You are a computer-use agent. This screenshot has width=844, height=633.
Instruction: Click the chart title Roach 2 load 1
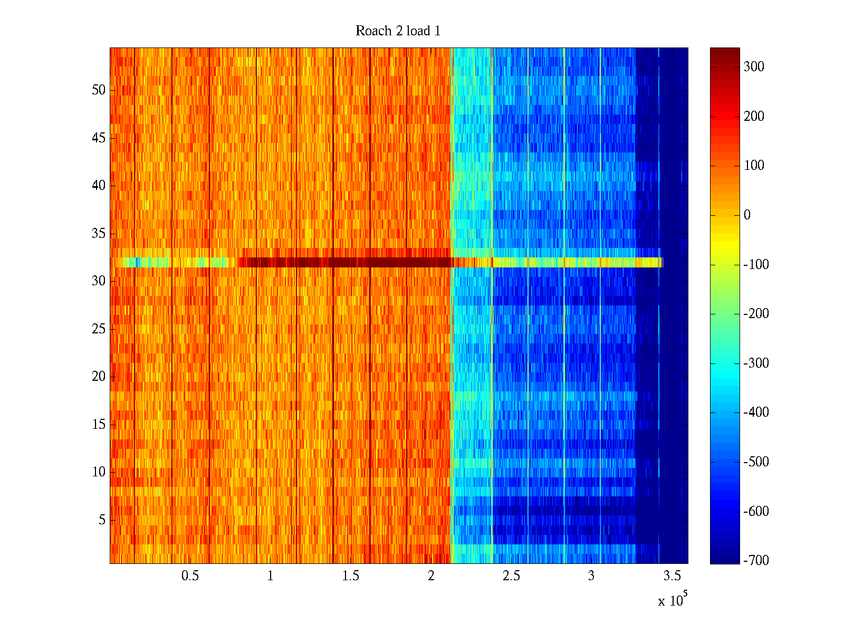pyautogui.click(x=398, y=31)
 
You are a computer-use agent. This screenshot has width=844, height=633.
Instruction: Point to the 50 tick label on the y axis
pyautogui.click(x=99, y=90)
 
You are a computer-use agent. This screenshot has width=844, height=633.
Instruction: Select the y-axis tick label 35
pyautogui.click(x=99, y=234)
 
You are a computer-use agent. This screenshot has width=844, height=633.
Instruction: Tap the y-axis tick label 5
pyautogui.click(x=102, y=520)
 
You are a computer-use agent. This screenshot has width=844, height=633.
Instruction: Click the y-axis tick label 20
pyautogui.click(x=99, y=377)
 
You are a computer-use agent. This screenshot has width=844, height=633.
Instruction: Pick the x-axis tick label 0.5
pyautogui.click(x=190, y=576)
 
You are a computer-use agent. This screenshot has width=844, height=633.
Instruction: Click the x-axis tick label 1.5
pyautogui.click(x=350, y=576)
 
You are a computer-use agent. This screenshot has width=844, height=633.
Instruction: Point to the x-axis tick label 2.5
pyautogui.click(x=511, y=576)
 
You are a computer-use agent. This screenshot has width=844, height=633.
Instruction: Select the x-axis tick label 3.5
pyautogui.click(x=672, y=576)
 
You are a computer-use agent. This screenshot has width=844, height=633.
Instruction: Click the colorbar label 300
pyautogui.click(x=754, y=67)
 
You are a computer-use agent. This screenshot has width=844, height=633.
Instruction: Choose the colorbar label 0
pyautogui.click(x=746, y=215)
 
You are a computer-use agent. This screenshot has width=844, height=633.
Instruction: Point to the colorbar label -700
pyautogui.click(x=756, y=561)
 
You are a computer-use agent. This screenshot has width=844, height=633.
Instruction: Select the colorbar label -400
pyautogui.click(x=756, y=413)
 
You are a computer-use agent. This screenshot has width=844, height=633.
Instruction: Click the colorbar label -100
pyautogui.click(x=756, y=265)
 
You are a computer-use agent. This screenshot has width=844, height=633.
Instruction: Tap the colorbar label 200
pyautogui.click(x=754, y=117)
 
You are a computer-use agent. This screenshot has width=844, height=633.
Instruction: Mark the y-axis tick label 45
pyautogui.click(x=99, y=138)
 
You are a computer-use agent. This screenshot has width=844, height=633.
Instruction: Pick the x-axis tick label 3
pyautogui.click(x=591, y=576)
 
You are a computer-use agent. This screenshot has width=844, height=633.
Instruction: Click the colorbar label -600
pyautogui.click(x=756, y=512)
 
